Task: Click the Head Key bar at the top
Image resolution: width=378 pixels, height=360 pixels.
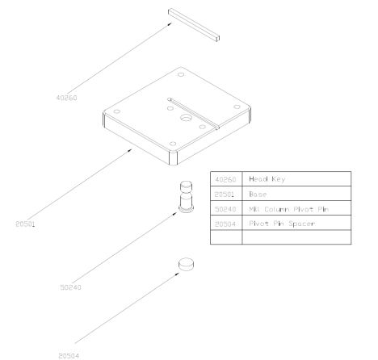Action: (194, 25)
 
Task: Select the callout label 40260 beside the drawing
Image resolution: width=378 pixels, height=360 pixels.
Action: (66, 98)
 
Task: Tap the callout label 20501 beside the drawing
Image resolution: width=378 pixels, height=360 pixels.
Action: (25, 224)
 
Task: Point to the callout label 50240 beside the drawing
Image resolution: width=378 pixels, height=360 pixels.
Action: (70, 287)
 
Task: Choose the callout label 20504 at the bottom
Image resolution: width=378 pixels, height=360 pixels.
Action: (69, 356)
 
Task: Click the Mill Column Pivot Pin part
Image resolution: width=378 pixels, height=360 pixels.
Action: (186, 197)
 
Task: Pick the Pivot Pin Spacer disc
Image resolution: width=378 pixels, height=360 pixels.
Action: (186, 265)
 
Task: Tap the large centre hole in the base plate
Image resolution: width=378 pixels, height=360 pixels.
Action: (186, 118)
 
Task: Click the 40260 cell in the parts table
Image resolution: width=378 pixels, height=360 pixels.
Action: (225, 179)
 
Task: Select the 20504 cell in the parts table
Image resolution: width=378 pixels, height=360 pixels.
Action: (225, 224)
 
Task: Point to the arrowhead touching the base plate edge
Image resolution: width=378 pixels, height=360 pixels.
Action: (130, 150)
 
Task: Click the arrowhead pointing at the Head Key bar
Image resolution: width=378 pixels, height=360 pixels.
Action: (170, 24)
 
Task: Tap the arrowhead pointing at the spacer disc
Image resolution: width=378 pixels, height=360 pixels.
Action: (177, 274)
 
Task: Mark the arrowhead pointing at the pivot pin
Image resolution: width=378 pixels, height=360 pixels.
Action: (174, 214)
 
